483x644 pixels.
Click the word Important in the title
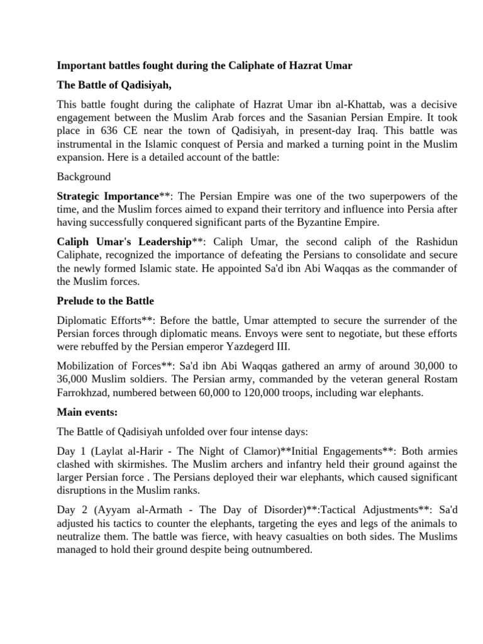point(80,65)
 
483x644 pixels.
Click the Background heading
point(84,177)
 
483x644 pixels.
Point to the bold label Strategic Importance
point(108,197)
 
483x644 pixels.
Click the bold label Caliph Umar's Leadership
point(123,242)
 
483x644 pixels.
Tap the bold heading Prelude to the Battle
point(105,301)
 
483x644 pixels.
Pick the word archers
point(226,465)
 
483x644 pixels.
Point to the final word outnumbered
point(281,549)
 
